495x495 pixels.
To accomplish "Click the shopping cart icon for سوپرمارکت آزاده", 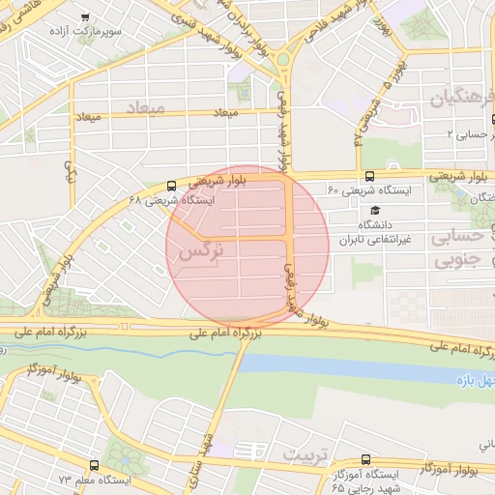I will click(x=85, y=17).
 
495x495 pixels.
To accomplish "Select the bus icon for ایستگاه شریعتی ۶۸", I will click(x=171, y=185).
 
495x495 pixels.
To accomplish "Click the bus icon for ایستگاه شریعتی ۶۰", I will click(x=369, y=176).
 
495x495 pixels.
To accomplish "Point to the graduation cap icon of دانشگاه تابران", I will click(x=375, y=210).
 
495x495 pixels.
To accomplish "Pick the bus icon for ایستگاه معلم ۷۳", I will click(x=94, y=465).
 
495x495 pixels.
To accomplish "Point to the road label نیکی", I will click(x=69, y=172).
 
